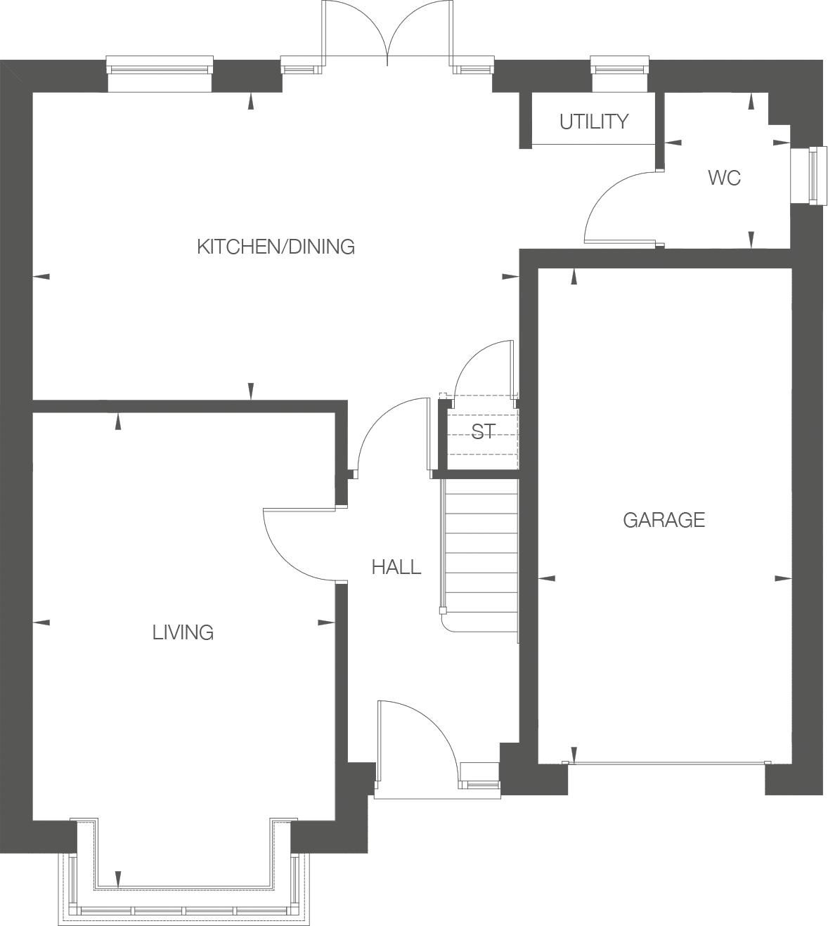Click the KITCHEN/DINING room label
276,247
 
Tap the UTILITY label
594,122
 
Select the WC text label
724,178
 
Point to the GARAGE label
664,520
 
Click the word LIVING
183,632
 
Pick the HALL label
396,567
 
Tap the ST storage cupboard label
483,431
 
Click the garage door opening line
666,763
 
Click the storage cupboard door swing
478,365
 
